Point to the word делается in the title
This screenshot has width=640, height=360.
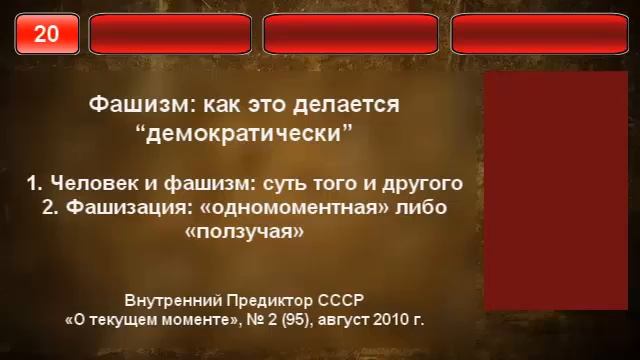pos(351,104)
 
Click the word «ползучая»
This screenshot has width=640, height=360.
pos(245,232)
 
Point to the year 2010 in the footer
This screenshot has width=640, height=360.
pos(389,322)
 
